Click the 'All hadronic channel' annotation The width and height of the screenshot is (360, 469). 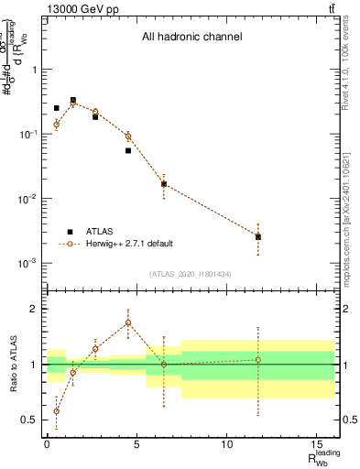point(191,38)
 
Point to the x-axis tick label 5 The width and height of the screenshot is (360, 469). point(136,446)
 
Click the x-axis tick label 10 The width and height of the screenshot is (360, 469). point(226,446)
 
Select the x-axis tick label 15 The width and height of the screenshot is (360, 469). point(316,446)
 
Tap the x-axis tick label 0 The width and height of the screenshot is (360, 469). point(47,446)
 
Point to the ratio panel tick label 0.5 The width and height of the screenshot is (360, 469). point(29,420)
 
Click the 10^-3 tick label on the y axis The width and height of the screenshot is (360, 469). point(27,263)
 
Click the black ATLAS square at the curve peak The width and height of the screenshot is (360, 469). point(73,101)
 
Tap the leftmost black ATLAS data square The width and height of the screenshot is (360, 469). point(56,108)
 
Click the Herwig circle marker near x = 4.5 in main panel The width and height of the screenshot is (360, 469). point(128,136)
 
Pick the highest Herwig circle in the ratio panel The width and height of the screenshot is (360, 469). point(128,322)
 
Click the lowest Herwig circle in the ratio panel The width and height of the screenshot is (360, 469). point(56,411)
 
